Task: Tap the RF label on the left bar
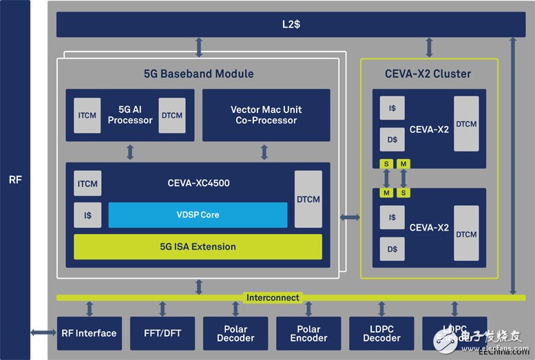[x=15, y=180]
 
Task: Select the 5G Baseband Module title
[x=198, y=74]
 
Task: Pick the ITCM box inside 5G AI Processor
[x=87, y=115]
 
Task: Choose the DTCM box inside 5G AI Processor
[x=171, y=115]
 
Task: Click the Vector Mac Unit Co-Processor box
[x=265, y=115]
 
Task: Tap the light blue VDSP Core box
[x=198, y=215]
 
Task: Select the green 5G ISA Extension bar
[x=198, y=246]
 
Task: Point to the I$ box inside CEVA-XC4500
[x=87, y=215]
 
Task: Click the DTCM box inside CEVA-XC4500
[x=308, y=199]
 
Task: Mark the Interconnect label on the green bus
[x=272, y=297]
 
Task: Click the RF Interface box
[x=89, y=333]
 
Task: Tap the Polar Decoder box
[x=235, y=333]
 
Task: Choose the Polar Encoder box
[x=308, y=333]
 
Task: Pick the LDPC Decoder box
[x=381, y=333]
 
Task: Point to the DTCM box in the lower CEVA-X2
[x=466, y=234]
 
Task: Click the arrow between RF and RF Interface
[x=43, y=333]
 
